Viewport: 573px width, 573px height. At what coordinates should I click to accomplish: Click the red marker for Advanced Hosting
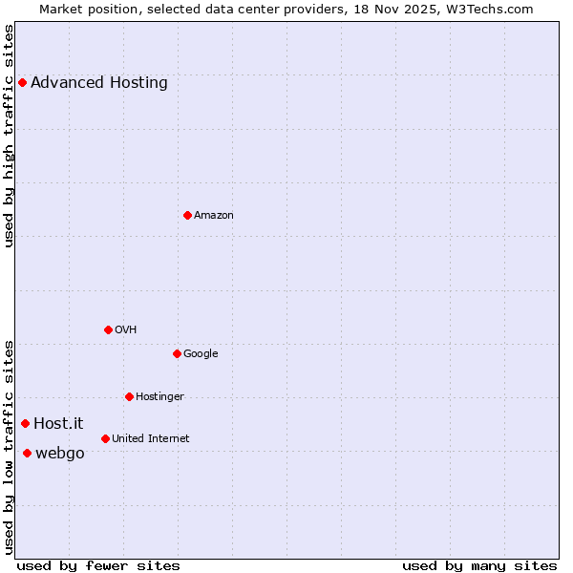(x=22, y=82)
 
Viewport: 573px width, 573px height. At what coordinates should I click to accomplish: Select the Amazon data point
(x=187, y=215)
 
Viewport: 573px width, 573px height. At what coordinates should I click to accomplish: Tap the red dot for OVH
(x=108, y=329)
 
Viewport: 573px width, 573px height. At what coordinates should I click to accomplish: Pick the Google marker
(x=177, y=353)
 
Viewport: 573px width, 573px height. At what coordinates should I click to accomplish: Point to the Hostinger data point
(x=129, y=396)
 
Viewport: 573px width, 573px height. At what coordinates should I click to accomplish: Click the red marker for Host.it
(x=25, y=423)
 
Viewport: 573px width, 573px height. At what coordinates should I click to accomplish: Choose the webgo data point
(x=27, y=453)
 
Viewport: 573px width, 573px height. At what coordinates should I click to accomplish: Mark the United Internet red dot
(x=105, y=438)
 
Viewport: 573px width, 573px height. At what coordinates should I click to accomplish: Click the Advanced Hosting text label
(x=99, y=82)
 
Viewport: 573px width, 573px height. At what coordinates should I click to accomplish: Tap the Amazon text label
(x=214, y=215)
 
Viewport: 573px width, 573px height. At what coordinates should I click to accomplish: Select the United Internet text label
(x=151, y=438)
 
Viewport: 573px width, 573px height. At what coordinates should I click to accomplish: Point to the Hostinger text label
(x=159, y=396)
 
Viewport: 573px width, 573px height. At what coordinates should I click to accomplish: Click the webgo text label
(x=60, y=453)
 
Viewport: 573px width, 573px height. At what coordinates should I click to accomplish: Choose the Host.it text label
(x=58, y=423)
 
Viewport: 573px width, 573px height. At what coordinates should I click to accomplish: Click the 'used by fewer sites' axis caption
(x=98, y=565)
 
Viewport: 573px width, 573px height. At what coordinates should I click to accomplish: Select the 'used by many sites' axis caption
(x=479, y=565)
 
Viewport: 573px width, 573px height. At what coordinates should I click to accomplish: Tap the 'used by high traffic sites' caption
(x=9, y=136)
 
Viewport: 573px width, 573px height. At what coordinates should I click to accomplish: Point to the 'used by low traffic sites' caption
(x=9, y=447)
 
